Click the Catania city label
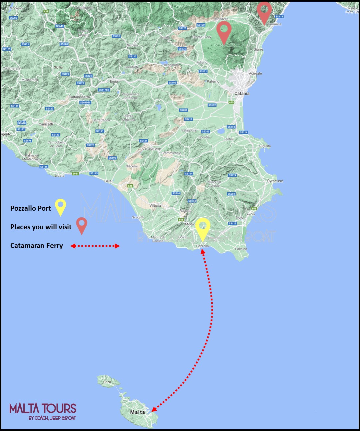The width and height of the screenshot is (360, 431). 242,94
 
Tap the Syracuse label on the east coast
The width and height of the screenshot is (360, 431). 275,181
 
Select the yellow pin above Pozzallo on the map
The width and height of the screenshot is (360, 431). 202,228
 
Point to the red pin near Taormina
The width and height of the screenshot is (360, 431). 264,12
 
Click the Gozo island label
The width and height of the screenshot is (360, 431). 107,382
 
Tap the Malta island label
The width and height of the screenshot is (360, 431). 138,412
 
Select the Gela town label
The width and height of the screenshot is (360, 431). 108,181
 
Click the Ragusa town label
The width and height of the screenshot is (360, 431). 185,211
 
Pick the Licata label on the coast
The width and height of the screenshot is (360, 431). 60,175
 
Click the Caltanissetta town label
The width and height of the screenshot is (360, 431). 79,97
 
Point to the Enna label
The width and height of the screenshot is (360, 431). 114,81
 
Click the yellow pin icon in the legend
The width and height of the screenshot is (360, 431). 60,207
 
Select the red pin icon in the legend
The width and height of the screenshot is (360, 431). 82,225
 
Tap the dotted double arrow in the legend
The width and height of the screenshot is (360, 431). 95,246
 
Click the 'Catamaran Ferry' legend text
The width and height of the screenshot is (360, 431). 37,246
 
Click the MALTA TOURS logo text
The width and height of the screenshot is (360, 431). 43,409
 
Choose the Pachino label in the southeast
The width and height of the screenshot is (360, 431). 241,249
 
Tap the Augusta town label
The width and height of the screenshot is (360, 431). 264,146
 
